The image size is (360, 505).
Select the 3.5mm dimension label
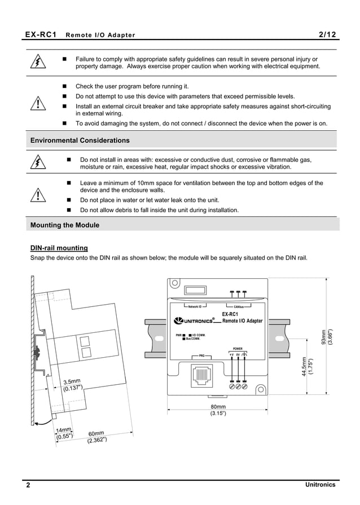click(x=72, y=384)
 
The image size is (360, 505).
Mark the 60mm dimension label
click(x=96, y=437)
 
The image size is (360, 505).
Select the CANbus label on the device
click(x=241, y=308)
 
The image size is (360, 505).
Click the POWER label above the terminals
click(x=238, y=349)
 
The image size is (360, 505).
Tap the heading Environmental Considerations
click(x=80, y=140)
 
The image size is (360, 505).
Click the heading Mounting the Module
click(x=64, y=225)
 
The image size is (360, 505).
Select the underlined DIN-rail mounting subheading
click(x=59, y=248)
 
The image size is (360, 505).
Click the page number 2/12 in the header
click(x=327, y=34)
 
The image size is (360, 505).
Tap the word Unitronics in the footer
click(x=320, y=485)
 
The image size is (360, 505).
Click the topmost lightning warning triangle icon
click(x=38, y=63)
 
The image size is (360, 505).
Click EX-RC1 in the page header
click(x=41, y=34)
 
